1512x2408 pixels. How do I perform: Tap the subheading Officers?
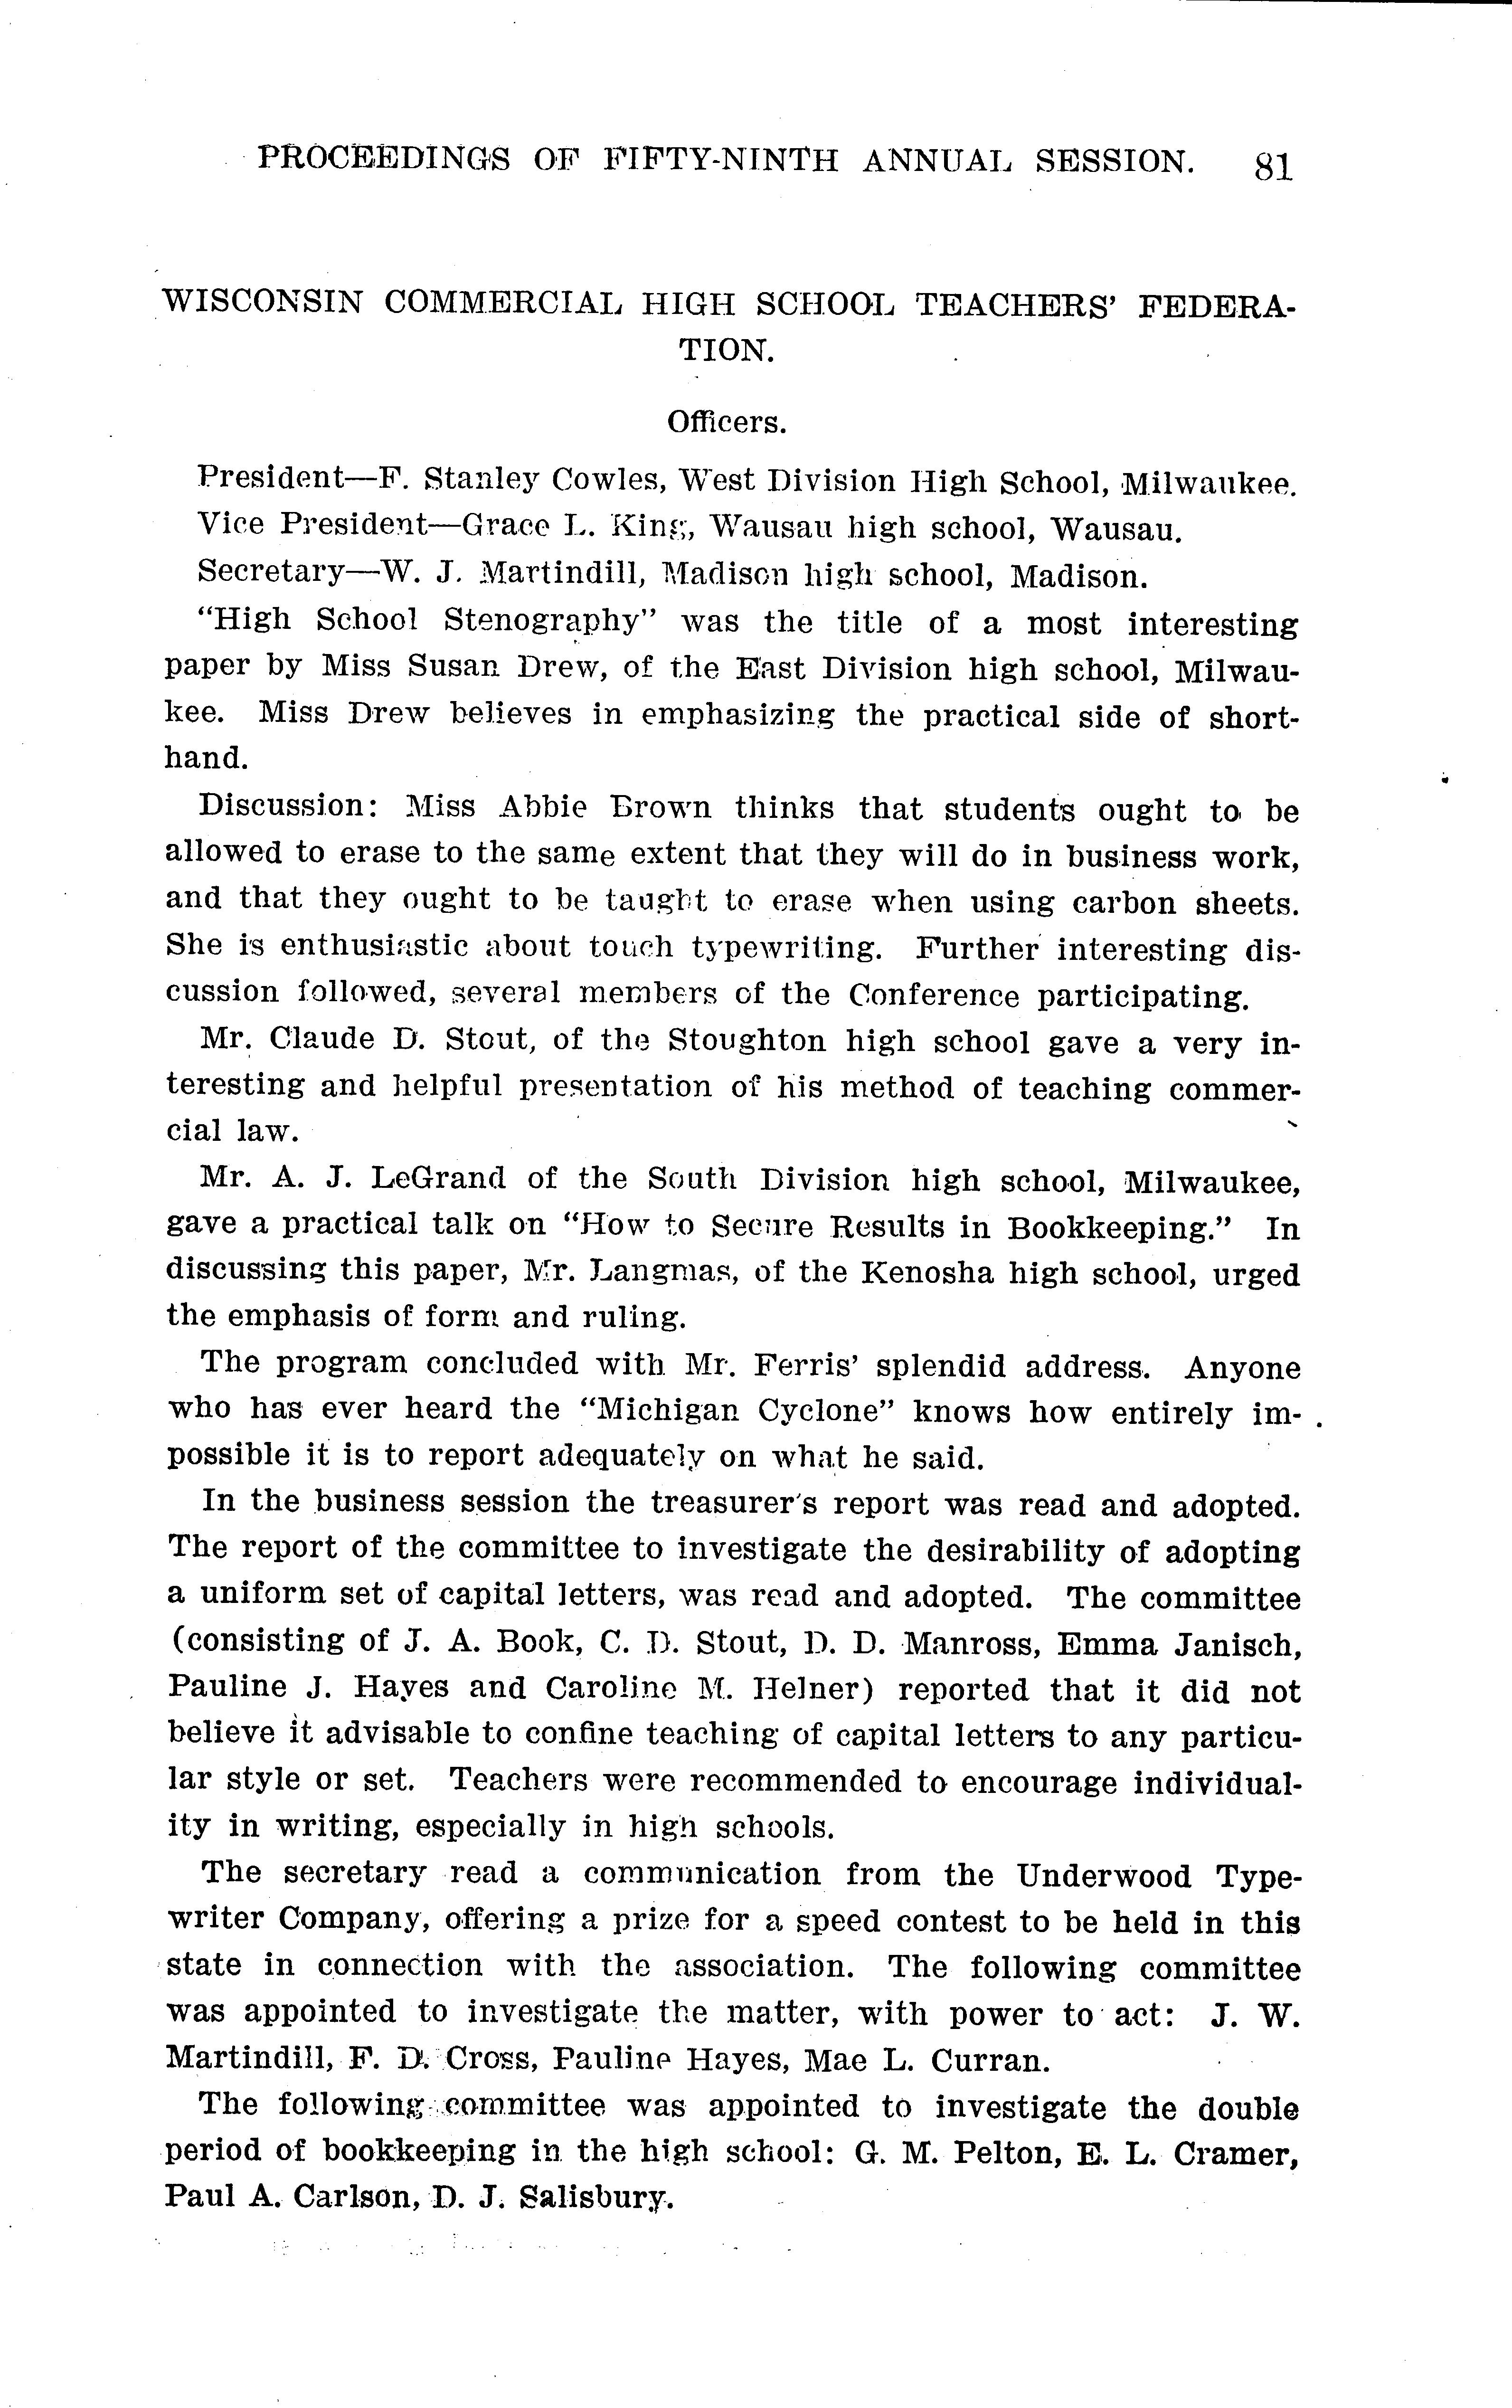(x=727, y=423)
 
